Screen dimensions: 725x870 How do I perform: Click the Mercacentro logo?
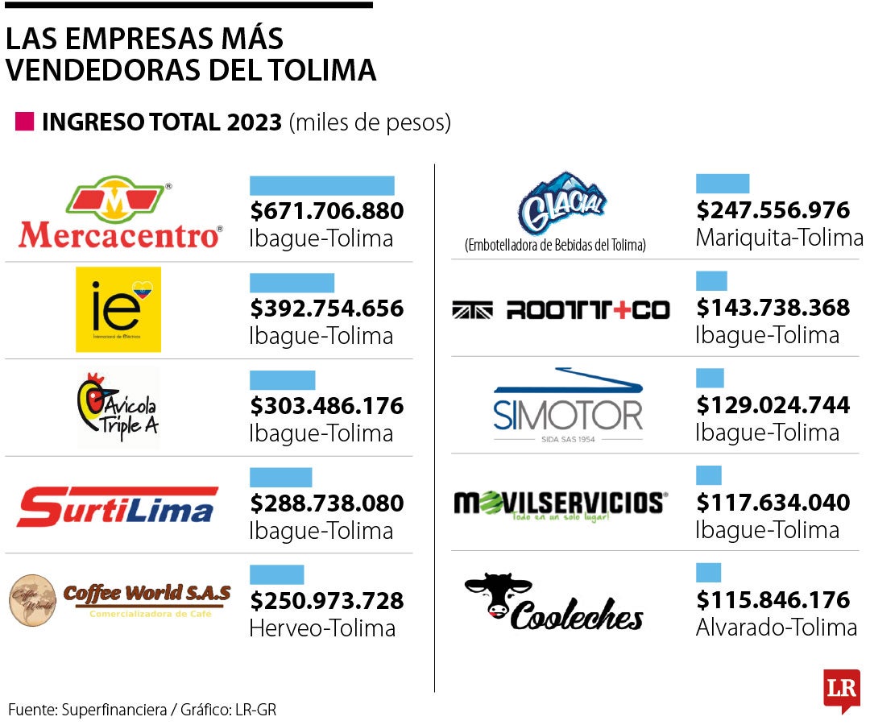coord(119,213)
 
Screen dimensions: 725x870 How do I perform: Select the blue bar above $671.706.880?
coord(321,186)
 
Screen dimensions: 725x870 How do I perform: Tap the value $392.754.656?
coord(326,309)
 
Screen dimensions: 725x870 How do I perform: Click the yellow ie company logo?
coord(118,309)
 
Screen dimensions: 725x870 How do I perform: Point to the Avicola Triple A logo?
coord(118,407)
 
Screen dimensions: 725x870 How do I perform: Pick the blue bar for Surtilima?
coord(280,478)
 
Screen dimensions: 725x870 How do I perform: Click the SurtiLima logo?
coord(118,505)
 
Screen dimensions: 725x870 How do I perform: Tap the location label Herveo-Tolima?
coord(322,628)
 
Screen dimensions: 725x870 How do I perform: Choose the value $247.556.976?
coord(773,210)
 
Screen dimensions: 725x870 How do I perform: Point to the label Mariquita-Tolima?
coord(778,238)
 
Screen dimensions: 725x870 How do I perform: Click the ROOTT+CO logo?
coord(561,310)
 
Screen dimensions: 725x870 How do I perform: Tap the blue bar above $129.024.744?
coord(710,379)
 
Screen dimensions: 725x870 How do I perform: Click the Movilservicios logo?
coord(560,505)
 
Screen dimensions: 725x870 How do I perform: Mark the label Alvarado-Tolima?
coord(776,628)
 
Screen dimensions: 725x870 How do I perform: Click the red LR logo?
coord(841,690)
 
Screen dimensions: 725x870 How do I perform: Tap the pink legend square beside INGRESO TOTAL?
coord(25,122)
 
